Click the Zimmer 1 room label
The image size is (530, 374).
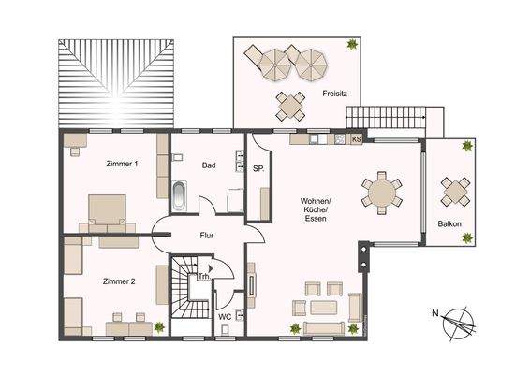124,165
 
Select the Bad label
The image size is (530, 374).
210,165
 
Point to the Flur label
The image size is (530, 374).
207,236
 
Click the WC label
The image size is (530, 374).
225,317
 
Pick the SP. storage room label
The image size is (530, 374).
258,168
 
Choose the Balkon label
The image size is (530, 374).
449,223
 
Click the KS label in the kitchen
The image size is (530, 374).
357,139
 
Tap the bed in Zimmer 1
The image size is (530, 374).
108,209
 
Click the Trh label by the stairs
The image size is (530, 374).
203,277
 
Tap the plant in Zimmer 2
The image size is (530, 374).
159,326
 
